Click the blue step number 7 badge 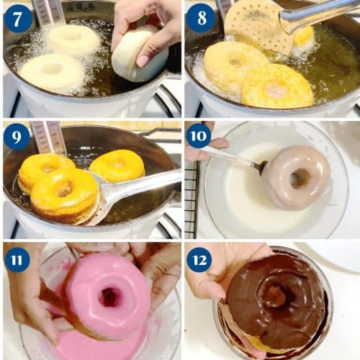(x=17, y=19)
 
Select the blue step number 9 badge (x=17, y=137)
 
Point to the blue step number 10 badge (x=199, y=136)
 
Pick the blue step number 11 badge (x=17, y=261)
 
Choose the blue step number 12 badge (x=199, y=261)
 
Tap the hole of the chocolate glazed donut (x=277, y=297)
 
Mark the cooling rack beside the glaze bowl (x=192, y=199)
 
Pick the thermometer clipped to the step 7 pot (x=48, y=13)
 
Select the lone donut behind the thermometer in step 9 (x=117, y=166)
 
